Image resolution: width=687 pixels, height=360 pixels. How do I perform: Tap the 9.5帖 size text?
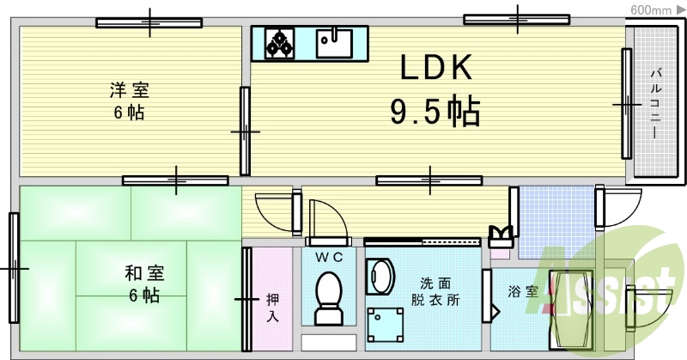click(435, 111)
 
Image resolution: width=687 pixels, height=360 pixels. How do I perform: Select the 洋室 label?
click(125, 88)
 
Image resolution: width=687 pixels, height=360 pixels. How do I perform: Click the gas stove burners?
click(278, 41)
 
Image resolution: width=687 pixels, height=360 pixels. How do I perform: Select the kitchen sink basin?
click(335, 40)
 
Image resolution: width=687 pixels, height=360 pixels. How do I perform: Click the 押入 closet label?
click(272, 308)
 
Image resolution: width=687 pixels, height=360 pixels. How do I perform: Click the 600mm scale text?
click(650, 9)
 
